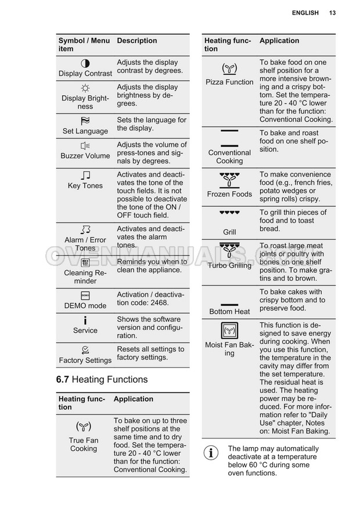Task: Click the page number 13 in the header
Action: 332,13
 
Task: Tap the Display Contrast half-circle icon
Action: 85,63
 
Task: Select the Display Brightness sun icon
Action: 85,88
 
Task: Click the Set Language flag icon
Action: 85,121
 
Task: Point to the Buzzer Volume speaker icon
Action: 85,145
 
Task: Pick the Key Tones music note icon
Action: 85,175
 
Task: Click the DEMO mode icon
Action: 85,295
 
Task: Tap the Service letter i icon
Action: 85,320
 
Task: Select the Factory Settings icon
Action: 85,350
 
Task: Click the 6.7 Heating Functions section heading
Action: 102,379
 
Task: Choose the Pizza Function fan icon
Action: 229,69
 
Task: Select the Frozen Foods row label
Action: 229,194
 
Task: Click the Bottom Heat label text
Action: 229,311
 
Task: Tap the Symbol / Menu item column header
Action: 84,45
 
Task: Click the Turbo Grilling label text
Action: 229,265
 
